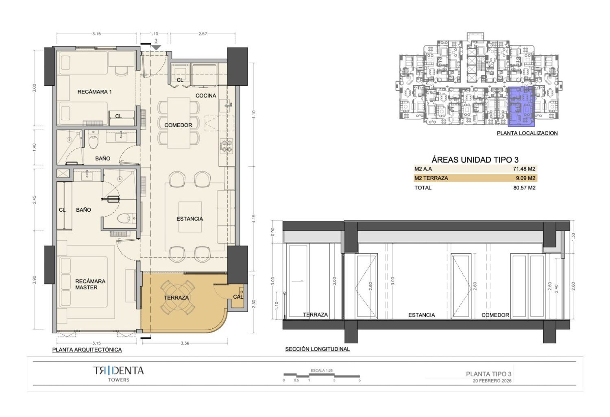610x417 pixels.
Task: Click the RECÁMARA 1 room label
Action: pyautogui.click(x=94, y=92)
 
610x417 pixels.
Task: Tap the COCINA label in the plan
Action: pyautogui.click(x=206, y=96)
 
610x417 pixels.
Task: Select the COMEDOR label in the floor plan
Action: pyautogui.click(x=178, y=125)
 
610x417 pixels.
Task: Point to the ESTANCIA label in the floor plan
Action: pyautogui.click(x=190, y=219)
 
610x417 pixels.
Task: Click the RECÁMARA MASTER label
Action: pyautogui.click(x=86, y=284)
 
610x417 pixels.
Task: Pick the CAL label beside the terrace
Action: pyautogui.click(x=238, y=297)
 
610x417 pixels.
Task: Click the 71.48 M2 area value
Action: pyautogui.click(x=524, y=169)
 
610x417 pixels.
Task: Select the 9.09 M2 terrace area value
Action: pyautogui.click(x=525, y=178)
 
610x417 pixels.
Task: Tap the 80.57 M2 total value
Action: pyautogui.click(x=524, y=187)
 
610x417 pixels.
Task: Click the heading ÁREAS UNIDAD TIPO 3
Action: pyautogui.click(x=475, y=159)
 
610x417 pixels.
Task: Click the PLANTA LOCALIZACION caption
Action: pyautogui.click(x=527, y=133)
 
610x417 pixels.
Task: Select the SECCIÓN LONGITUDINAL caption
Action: pyautogui.click(x=318, y=349)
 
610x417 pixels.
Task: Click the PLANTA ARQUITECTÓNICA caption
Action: pyautogui.click(x=87, y=350)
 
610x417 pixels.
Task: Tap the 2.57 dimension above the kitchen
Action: pyautogui.click(x=203, y=34)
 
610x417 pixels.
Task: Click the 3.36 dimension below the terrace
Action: pyautogui.click(x=185, y=343)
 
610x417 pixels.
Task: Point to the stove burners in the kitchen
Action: pyautogui.click(x=227, y=146)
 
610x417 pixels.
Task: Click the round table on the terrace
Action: pyautogui.click(x=178, y=297)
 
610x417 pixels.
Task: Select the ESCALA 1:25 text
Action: pyautogui.click(x=322, y=370)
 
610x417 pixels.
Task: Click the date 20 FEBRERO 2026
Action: pyautogui.click(x=492, y=381)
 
